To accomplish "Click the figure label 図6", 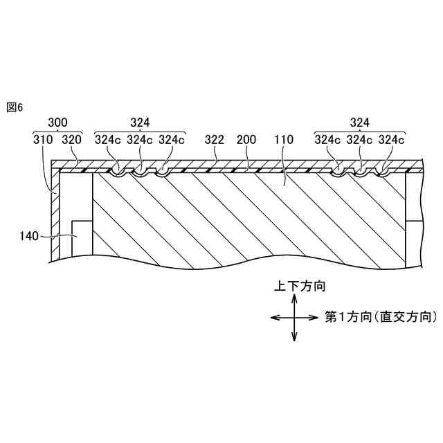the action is (x=15, y=107).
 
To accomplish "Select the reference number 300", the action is (x=57, y=123).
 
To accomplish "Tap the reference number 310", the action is (x=43, y=139).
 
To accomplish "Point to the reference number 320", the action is (x=72, y=139).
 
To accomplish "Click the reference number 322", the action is (x=214, y=139).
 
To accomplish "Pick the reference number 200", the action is (x=246, y=139).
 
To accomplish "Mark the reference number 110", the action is (x=284, y=139).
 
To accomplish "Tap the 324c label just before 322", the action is (x=171, y=139).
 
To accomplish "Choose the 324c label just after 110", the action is (x=327, y=139).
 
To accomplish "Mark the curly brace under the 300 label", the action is (x=57, y=131).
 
